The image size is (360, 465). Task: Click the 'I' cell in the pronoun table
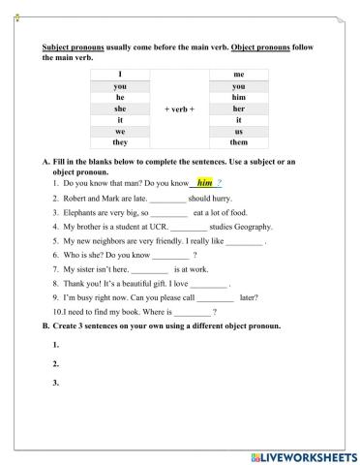click(x=120, y=74)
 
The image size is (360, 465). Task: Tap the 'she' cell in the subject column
click(x=120, y=108)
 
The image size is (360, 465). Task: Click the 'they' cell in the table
click(x=120, y=142)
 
